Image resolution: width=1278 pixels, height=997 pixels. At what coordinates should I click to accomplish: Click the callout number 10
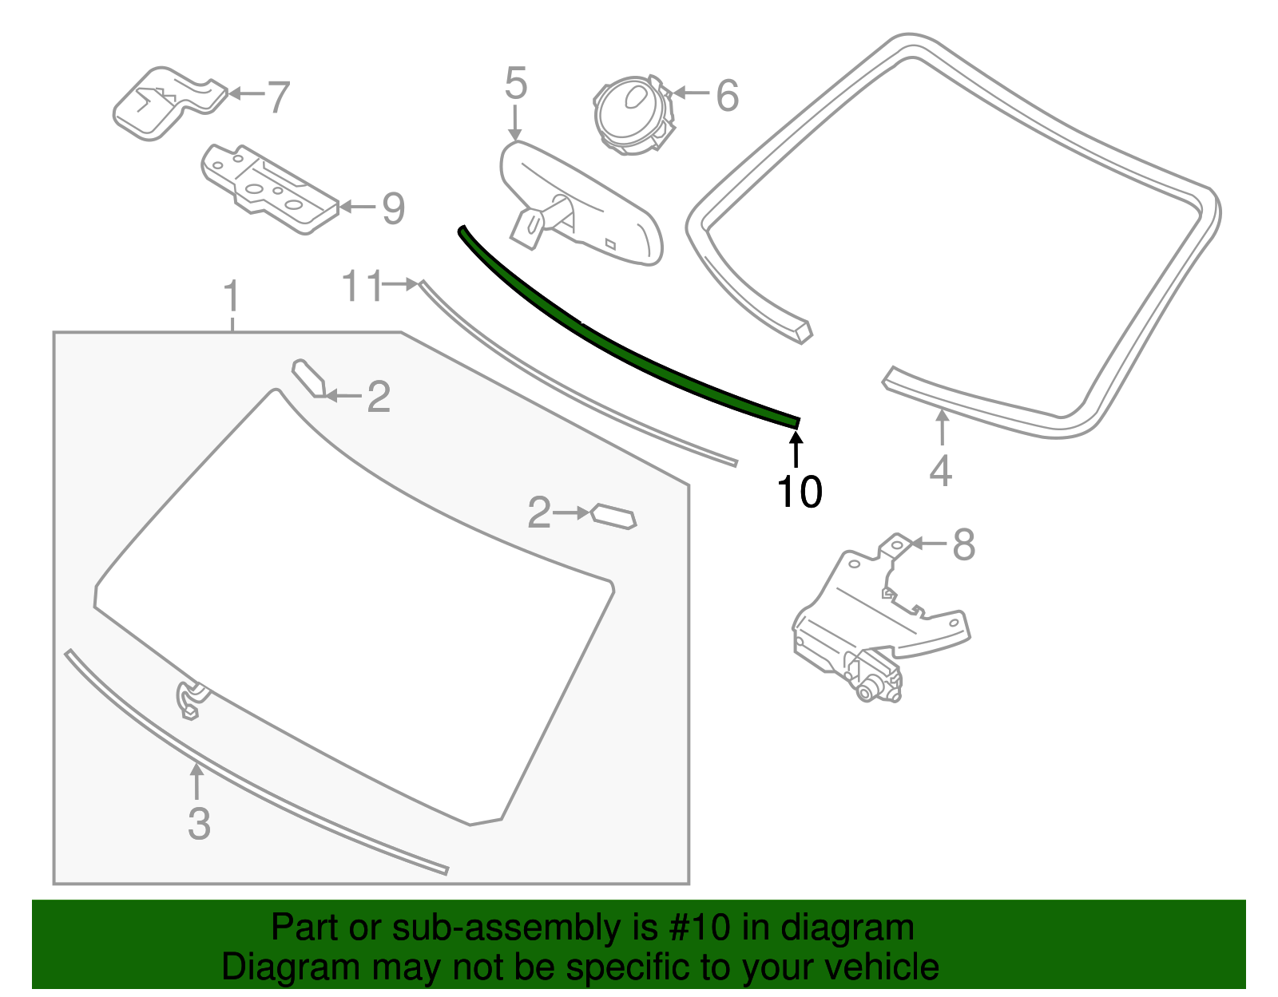click(x=799, y=492)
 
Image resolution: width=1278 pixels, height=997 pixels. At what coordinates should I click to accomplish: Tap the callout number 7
click(x=277, y=97)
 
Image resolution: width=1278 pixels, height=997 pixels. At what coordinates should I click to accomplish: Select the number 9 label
click(x=393, y=208)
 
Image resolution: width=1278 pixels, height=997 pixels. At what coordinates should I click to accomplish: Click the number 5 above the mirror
click(x=516, y=84)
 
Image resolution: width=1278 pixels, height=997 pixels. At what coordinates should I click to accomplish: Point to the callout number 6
click(x=727, y=95)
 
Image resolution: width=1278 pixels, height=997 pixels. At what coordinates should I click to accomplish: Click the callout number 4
click(x=941, y=470)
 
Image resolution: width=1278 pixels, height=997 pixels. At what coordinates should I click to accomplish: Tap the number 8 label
click(x=964, y=545)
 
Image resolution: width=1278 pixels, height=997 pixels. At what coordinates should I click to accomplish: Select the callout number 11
click(x=362, y=286)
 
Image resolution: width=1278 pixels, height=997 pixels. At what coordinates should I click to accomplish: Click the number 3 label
click(x=199, y=824)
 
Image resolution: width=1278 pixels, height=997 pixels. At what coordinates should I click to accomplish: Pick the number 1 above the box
click(x=232, y=297)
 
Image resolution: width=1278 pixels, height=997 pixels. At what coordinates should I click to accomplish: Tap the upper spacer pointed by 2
click(x=308, y=378)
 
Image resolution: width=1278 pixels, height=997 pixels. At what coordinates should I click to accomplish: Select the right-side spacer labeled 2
click(x=613, y=516)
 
